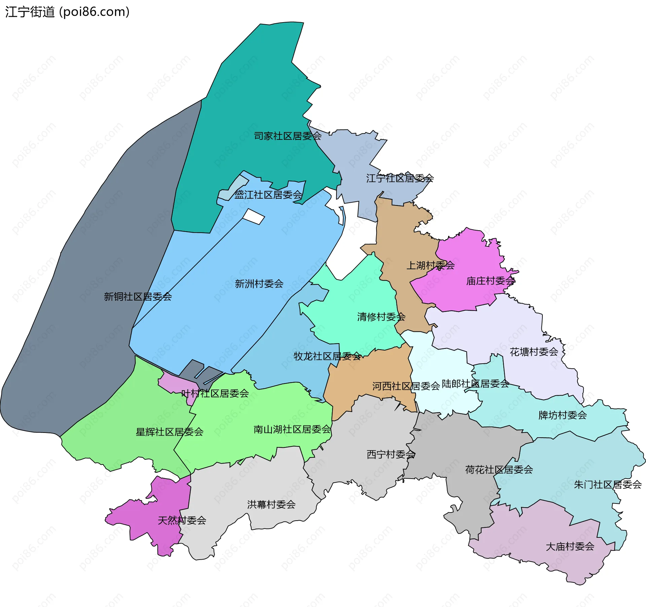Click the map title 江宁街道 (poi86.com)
(x=67, y=12)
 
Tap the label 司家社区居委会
(x=288, y=136)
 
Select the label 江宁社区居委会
(x=400, y=178)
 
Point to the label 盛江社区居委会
(x=268, y=195)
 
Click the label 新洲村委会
(x=259, y=284)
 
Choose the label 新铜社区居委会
(x=138, y=297)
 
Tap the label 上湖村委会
(x=430, y=266)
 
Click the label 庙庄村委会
(x=490, y=281)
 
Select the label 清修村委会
(x=381, y=317)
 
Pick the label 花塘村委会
(x=534, y=352)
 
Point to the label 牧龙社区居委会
(x=327, y=356)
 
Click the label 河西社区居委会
(x=406, y=386)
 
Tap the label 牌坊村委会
(x=563, y=415)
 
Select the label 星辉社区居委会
(x=170, y=432)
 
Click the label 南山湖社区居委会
(x=292, y=429)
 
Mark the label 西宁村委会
(x=391, y=455)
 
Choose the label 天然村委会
(x=182, y=521)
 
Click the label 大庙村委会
(x=570, y=547)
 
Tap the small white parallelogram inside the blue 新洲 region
(x=254, y=217)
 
